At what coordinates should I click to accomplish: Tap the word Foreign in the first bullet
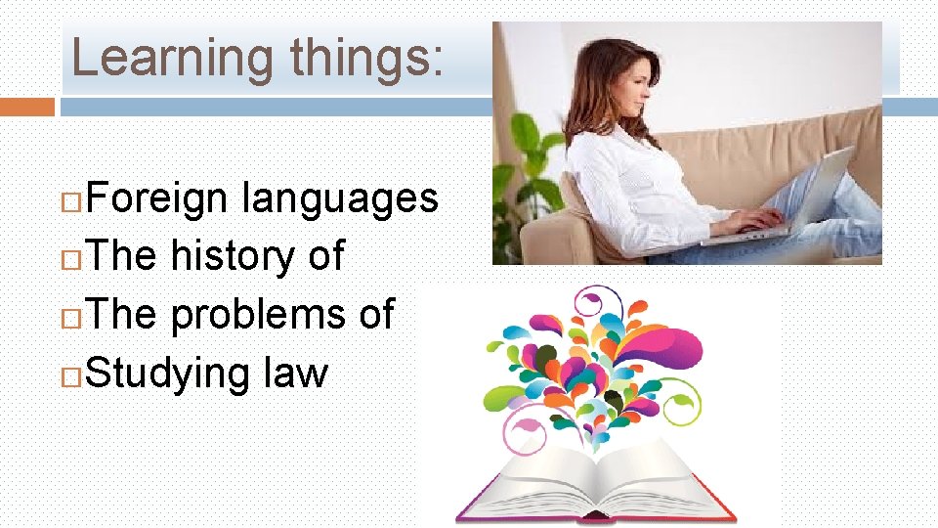click(x=157, y=198)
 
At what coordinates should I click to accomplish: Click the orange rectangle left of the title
click(x=27, y=106)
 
